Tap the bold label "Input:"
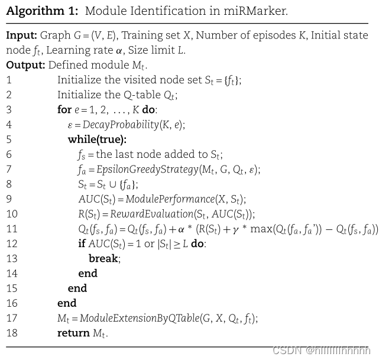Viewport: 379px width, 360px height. click(x=21, y=35)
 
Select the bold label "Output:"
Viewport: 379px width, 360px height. click(x=25, y=65)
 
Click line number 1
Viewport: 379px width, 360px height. click(x=9, y=80)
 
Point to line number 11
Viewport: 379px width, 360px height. click(x=12, y=229)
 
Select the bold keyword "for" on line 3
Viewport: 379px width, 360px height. click(x=64, y=110)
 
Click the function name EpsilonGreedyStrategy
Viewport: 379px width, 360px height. click(x=148, y=170)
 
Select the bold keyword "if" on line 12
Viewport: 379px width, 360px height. click(x=82, y=244)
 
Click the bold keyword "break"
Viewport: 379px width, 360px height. click(x=103, y=258)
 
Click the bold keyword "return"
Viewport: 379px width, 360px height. click(x=73, y=333)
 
